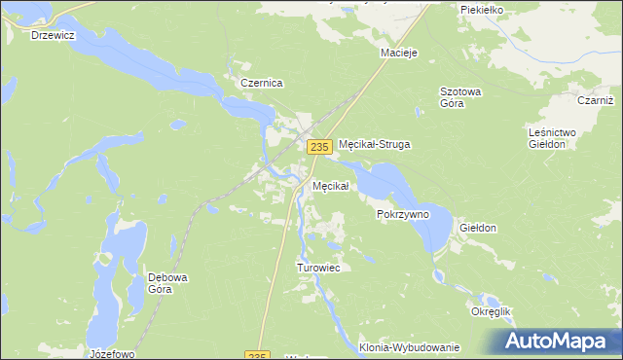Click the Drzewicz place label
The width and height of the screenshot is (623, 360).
(54, 34)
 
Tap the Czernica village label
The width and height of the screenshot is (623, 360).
(260, 84)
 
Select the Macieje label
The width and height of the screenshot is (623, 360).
(399, 53)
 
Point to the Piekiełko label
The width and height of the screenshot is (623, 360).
(481, 9)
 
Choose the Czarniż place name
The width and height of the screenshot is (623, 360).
(594, 100)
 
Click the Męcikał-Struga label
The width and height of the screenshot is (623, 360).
(375, 144)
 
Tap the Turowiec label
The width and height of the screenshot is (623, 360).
(317, 268)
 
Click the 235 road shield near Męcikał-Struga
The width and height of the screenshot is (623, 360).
(317, 146)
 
